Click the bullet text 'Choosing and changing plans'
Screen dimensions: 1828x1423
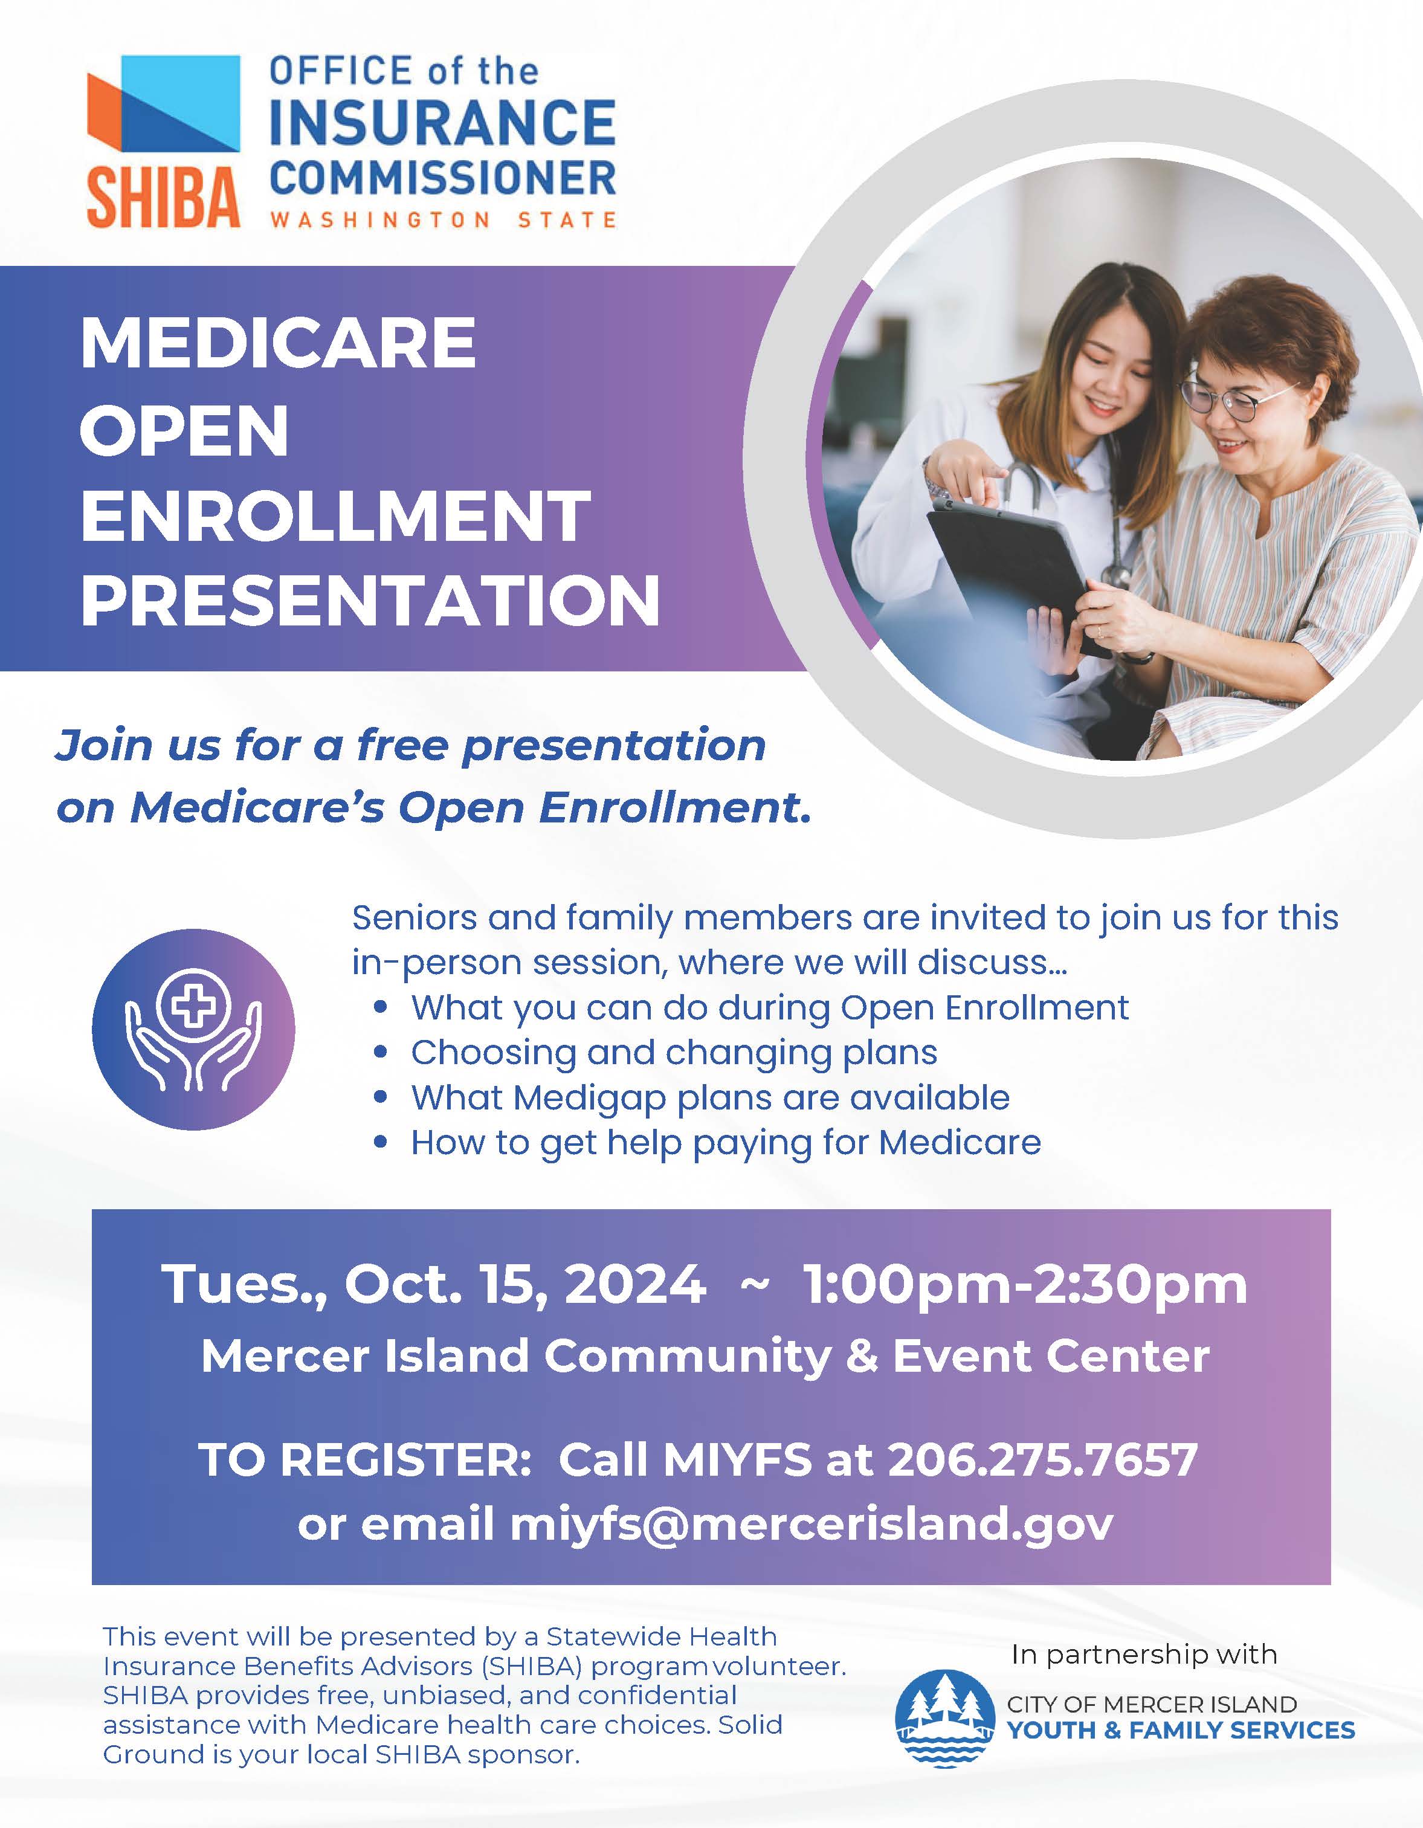pyautogui.click(x=674, y=1053)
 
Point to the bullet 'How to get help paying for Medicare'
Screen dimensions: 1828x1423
pyautogui.click(x=726, y=1143)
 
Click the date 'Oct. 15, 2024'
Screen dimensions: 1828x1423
pyautogui.click(x=525, y=1284)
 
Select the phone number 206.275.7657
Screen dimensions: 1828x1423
pyautogui.click(x=1042, y=1460)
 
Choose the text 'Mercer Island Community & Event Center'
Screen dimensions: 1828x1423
pyautogui.click(x=705, y=1356)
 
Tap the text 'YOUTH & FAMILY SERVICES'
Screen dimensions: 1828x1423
pyautogui.click(x=1180, y=1731)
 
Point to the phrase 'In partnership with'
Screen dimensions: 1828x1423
pyautogui.click(x=1143, y=1655)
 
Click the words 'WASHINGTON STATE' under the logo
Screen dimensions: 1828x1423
pyautogui.click(x=443, y=220)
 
